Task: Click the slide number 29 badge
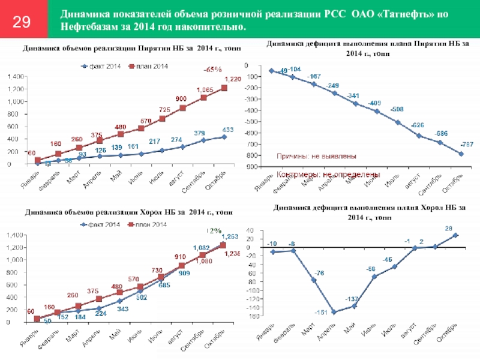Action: [22, 23]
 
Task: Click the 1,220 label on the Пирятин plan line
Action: [233, 79]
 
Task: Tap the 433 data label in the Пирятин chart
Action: [228, 130]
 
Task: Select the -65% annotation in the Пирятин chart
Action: [212, 70]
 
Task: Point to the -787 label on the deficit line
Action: [466, 145]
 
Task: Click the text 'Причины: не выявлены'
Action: [316, 156]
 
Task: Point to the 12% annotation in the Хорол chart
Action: [214, 230]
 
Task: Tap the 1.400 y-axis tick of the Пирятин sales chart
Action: [15, 76]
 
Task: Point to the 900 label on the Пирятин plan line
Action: [181, 98]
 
